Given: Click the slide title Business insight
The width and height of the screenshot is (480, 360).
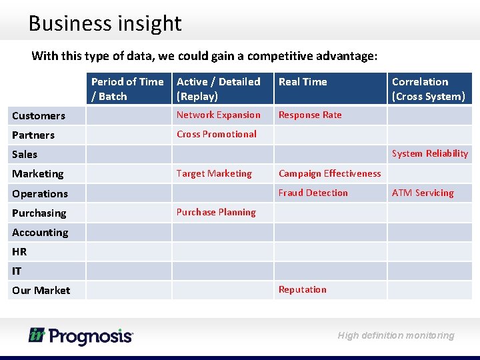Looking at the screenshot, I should coord(105,23).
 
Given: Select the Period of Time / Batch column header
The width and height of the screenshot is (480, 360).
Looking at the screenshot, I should coord(127,89).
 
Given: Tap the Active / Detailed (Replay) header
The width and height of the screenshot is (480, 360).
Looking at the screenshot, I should coord(219,89).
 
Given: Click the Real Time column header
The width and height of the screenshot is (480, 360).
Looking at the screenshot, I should coord(303,82).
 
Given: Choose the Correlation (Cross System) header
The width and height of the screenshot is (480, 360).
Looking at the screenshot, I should coord(428,89).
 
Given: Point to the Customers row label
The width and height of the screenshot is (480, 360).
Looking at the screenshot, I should coord(39,116).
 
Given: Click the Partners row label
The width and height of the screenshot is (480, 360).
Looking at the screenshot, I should coord(33,135).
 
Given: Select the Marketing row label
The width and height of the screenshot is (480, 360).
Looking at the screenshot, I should coord(38,174).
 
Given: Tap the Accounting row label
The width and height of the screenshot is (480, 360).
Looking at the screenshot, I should coord(40,233).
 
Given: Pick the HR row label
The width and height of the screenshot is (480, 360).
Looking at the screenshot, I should coord(19,252).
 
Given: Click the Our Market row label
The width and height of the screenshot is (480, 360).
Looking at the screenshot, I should coord(41,291).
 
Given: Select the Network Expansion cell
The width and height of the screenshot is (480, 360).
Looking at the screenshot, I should coord(219,115).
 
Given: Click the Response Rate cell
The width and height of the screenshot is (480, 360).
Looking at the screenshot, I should coord(310,115).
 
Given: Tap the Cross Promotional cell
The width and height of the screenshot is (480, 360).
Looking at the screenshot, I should coord(217,134).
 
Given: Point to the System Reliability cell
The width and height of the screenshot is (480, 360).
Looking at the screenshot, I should coord(430,153).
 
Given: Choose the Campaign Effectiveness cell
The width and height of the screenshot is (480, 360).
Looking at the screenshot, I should coord(330,173).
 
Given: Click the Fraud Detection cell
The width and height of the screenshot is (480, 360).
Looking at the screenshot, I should coord(313,193).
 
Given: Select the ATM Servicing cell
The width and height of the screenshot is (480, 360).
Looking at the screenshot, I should coord(423,193).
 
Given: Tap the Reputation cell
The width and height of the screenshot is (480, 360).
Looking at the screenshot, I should coord(303,289).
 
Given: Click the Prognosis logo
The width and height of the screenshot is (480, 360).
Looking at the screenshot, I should coord(81,335).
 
